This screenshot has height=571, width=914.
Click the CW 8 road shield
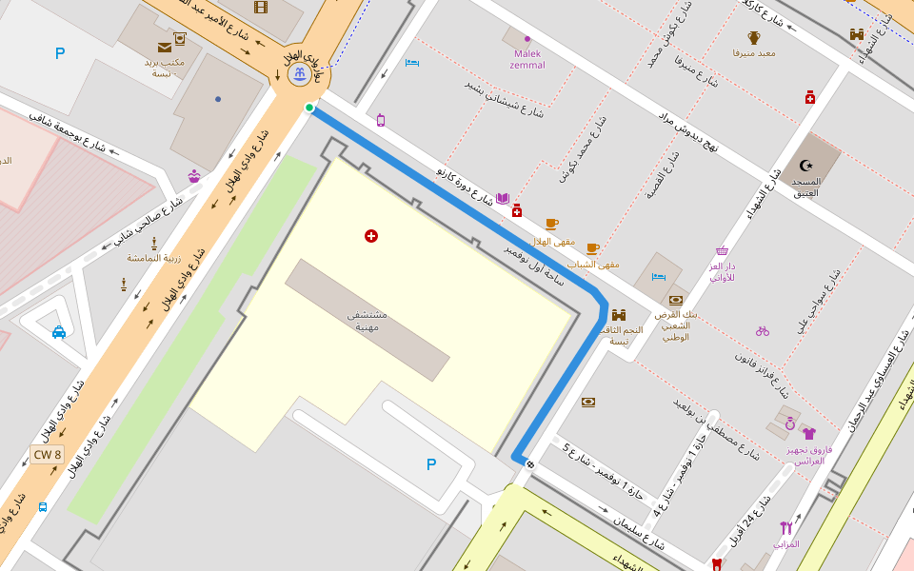pos(47,455)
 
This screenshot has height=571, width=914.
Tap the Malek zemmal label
pos(527,59)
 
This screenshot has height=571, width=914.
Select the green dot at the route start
pos(309,108)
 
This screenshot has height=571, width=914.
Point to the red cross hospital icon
pos(371,235)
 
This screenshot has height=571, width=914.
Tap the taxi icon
pos(59,332)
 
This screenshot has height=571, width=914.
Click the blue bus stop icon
pos(43,506)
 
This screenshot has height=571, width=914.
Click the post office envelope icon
pos(165,47)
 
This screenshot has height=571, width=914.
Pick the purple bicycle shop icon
pos(762,331)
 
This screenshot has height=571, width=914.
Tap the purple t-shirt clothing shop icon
pos(808,433)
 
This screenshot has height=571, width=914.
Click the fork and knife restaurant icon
pos(785,527)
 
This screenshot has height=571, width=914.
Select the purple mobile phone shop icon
pos(381,120)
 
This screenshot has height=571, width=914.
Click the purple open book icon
pos(503,199)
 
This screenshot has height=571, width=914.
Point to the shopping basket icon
pos(722,251)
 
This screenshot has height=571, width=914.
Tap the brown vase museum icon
pos(754,37)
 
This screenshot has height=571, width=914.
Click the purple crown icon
pos(195,176)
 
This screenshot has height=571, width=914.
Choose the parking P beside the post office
pos(60,53)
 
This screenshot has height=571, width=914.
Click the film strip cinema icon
pos(261,7)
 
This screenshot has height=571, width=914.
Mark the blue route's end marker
pos(529,463)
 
